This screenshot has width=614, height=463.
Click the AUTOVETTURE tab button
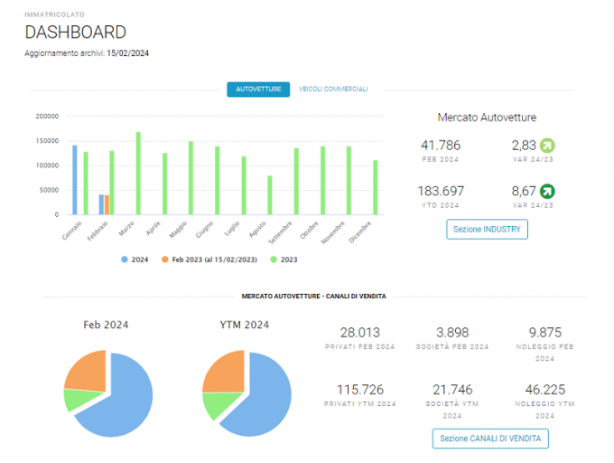coord(258,90)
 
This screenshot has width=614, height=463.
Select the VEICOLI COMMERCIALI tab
coord(333,90)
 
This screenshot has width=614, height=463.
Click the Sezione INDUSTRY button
coord(487,230)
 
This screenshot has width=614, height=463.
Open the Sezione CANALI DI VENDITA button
coord(490,439)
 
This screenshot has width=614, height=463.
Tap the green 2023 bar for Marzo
coord(138,174)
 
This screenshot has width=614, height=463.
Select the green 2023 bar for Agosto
coord(270,195)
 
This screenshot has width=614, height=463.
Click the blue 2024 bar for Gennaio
coord(75,180)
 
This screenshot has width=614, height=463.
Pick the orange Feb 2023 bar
coord(107,204)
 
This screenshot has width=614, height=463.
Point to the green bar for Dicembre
coord(375,187)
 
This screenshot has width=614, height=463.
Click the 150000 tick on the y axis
coord(47,141)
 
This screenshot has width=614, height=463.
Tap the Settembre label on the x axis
coord(281,232)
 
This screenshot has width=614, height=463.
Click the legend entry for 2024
coord(135,260)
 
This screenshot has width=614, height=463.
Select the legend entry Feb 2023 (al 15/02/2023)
coord(209,260)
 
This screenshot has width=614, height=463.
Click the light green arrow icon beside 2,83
coord(547,146)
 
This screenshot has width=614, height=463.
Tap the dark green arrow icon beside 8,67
coord(547,192)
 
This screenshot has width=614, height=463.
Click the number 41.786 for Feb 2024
coord(441,146)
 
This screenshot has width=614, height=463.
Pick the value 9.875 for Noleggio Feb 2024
coord(545,333)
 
